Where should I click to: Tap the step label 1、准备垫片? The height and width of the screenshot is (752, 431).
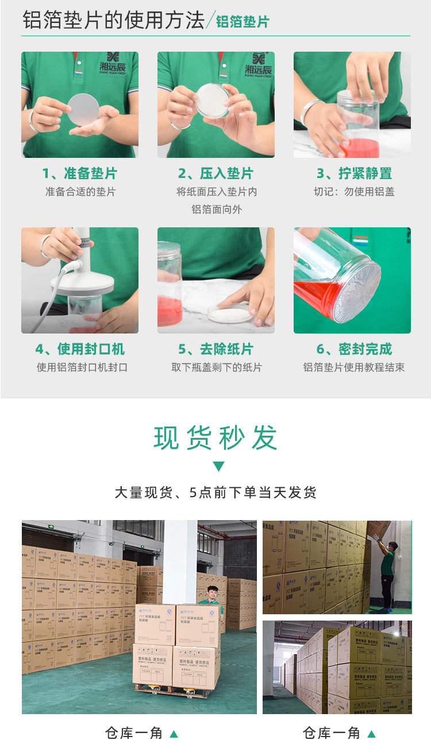pos(79,173)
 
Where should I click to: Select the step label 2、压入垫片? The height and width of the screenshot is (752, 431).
pos(215,173)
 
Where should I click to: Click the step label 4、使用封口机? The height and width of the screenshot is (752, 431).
pos(79,349)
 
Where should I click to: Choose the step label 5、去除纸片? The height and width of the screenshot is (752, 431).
pos(215,349)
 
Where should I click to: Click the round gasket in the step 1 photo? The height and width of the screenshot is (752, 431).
pos(83,109)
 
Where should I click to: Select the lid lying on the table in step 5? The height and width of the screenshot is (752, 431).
pos(229,313)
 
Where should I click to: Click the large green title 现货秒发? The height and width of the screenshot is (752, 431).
pos(215,438)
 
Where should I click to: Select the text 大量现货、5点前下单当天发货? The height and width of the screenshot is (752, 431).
pos(215,493)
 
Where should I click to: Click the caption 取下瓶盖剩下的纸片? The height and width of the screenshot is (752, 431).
pos(216,367)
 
